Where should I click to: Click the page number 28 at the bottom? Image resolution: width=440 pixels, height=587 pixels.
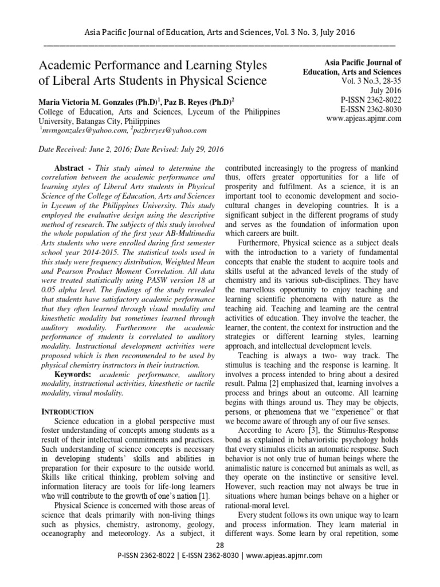coord(220,543)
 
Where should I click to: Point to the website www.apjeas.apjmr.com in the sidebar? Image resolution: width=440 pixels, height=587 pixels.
coord(364,119)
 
